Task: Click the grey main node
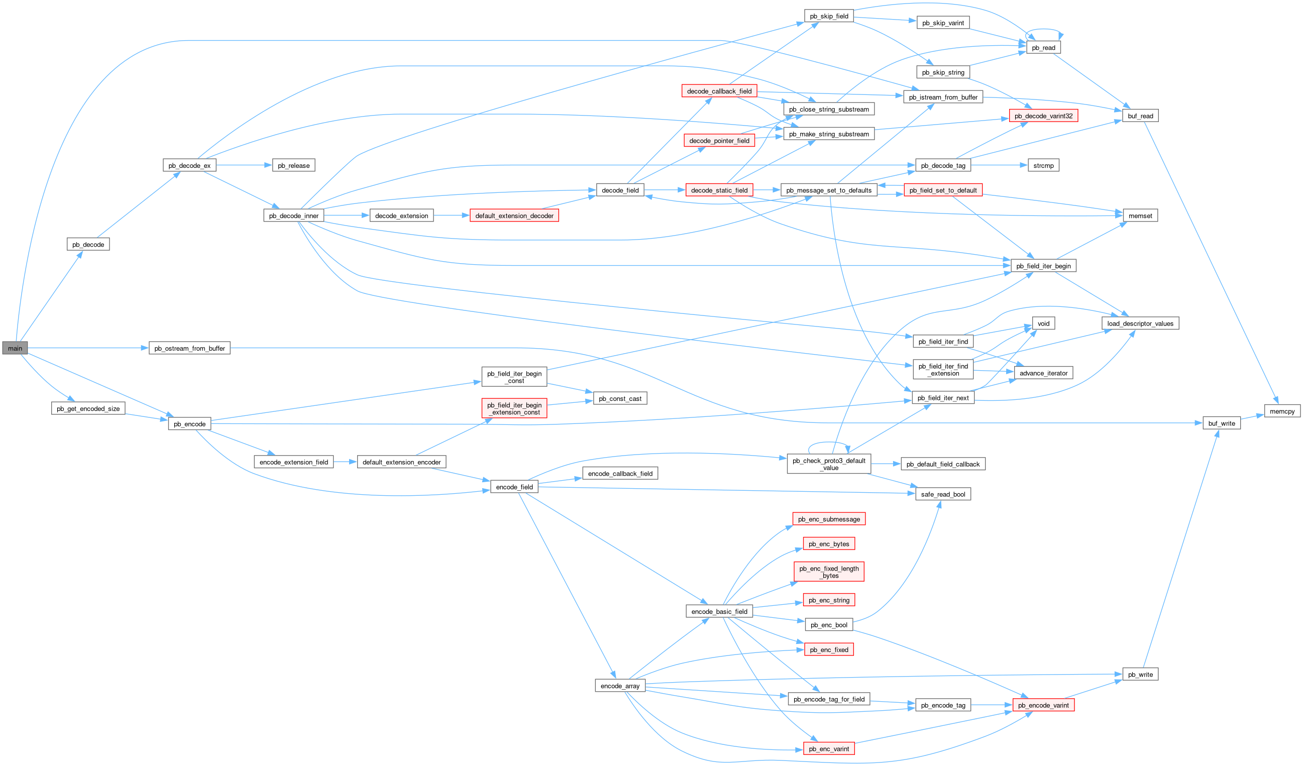pos(15,348)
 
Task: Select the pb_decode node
pos(88,244)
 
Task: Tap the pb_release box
pos(293,166)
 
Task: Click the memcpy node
pos(1282,411)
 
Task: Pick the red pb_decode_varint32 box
pos(1043,116)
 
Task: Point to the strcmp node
pos(1043,166)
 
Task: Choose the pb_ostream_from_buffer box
pos(189,348)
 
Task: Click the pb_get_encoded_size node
pos(88,408)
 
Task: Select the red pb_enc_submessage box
pos(828,519)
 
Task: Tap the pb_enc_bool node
pos(828,625)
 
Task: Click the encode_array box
pos(619,686)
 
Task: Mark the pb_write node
pos(1140,675)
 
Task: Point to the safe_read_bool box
pos(943,494)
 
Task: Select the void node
pos(1043,323)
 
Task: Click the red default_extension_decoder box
pos(513,215)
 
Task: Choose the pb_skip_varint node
pos(943,23)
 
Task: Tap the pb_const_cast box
pos(619,398)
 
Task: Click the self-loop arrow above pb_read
pos(1043,30)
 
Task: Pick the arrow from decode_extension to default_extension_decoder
pos(452,215)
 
